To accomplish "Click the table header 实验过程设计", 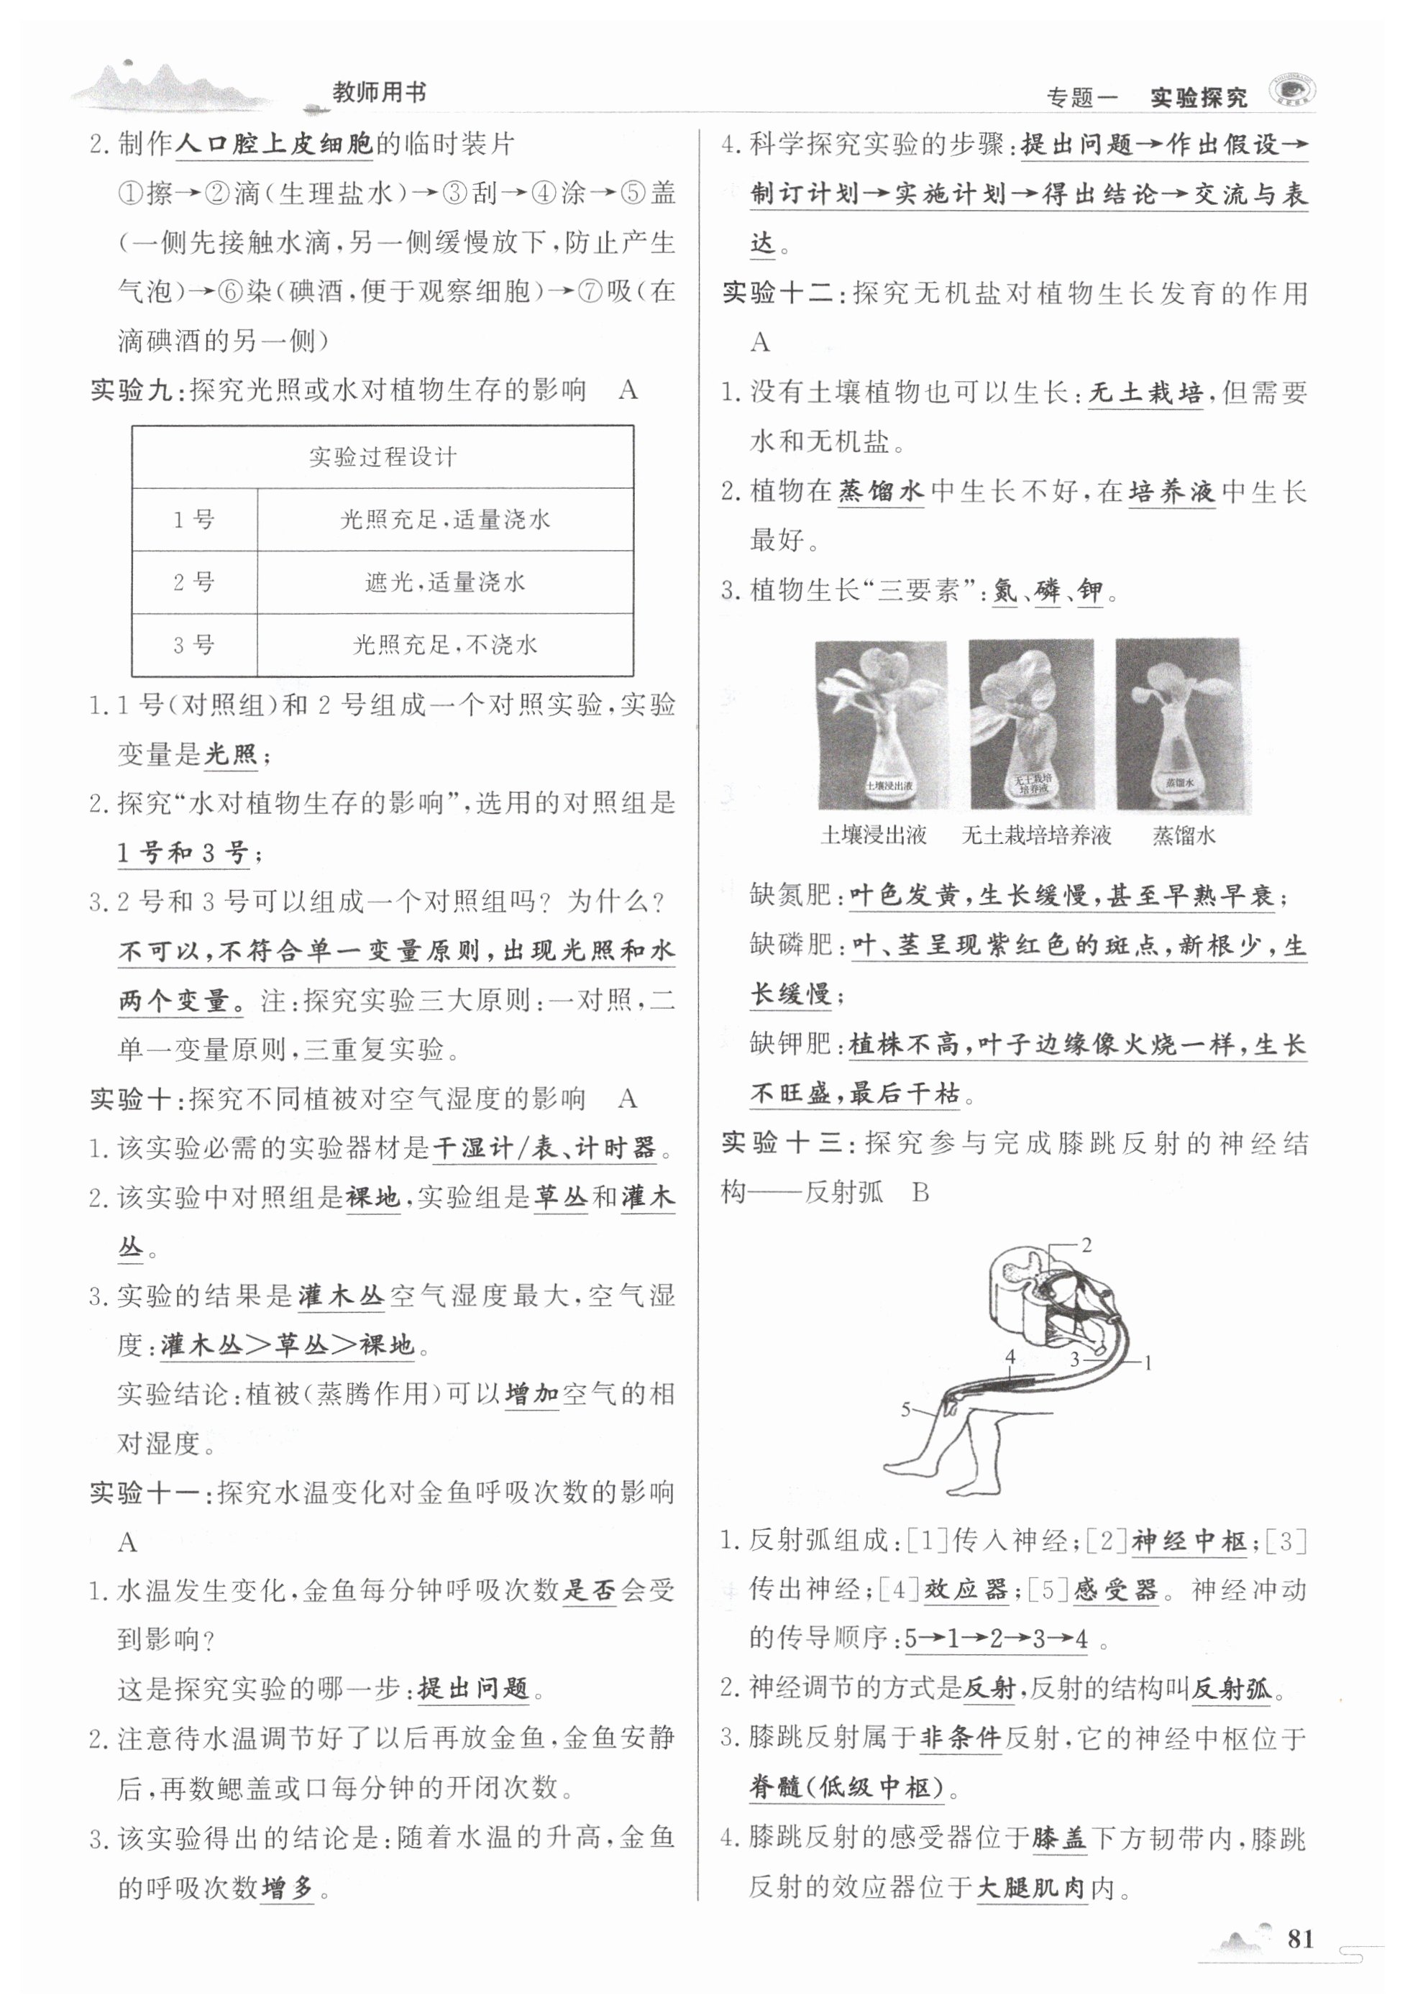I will point(383,457).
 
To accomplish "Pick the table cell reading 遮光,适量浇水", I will point(444,582).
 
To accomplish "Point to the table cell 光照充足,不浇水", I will point(444,646).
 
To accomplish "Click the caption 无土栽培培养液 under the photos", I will point(1037,835).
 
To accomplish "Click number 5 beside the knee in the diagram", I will point(907,1409).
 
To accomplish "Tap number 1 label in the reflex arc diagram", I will point(1147,1362).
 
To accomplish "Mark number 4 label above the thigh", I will point(1010,1357).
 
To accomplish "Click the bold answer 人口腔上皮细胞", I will point(275,144).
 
